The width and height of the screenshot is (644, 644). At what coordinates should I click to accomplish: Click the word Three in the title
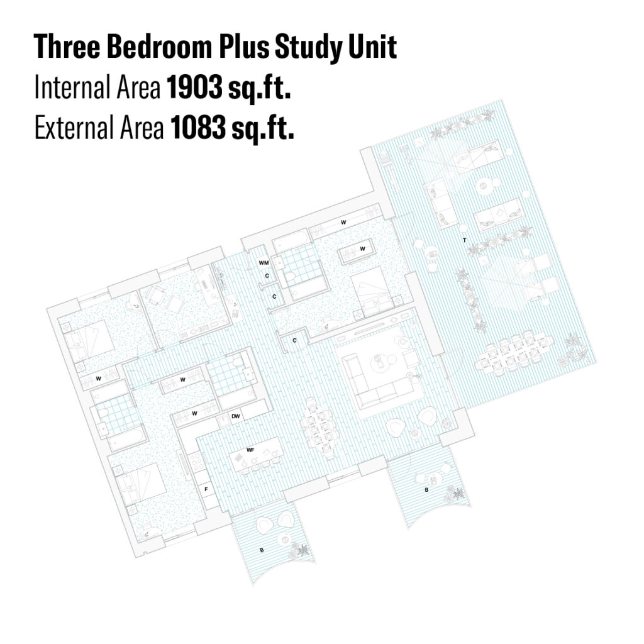pyautogui.click(x=67, y=47)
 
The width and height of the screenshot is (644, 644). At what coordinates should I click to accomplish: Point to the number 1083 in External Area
pyautogui.click(x=198, y=128)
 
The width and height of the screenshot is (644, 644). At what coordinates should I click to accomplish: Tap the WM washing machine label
pyautogui.click(x=264, y=262)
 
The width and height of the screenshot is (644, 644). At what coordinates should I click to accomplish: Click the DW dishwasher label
pyautogui.click(x=235, y=416)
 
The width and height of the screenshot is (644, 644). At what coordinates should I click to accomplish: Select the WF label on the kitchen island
pyautogui.click(x=250, y=450)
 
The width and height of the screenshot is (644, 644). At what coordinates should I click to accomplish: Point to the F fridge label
pyautogui.click(x=206, y=489)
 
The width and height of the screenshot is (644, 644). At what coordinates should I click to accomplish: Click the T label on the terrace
pyautogui.click(x=465, y=240)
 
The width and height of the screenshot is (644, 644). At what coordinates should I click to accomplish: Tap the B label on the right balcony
pyautogui.click(x=426, y=490)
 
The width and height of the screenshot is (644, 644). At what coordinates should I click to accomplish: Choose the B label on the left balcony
pyautogui.click(x=262, y=550)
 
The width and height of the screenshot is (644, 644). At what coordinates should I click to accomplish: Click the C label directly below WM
pyautogui.click(x=267, y=275)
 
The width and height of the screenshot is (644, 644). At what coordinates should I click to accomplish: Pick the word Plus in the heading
pyautogui.click(x=244, y=47)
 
